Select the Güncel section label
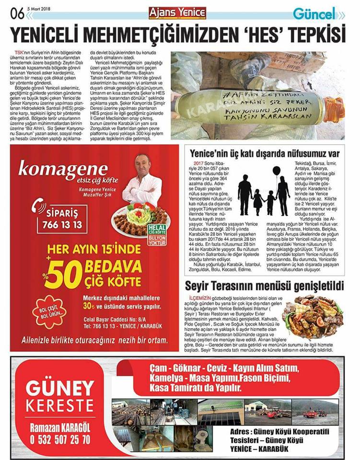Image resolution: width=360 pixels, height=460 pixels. point(314,13)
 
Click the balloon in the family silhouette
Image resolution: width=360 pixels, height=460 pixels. point(277,171)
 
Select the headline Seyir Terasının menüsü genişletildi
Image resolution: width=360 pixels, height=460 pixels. point(265,286)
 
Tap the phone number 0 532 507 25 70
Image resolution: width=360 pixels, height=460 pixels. point(59,438)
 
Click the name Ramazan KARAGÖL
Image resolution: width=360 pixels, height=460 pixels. point(59,426)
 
